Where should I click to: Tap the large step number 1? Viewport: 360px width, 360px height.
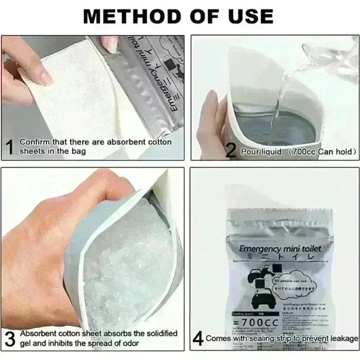pos(9,148)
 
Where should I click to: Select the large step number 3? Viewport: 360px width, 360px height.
pos(10,339)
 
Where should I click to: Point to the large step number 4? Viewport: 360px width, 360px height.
pos(198,339)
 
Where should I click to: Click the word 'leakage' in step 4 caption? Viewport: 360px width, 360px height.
pos(341,338)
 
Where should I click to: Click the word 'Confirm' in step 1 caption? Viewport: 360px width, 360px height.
pos(33,142)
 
